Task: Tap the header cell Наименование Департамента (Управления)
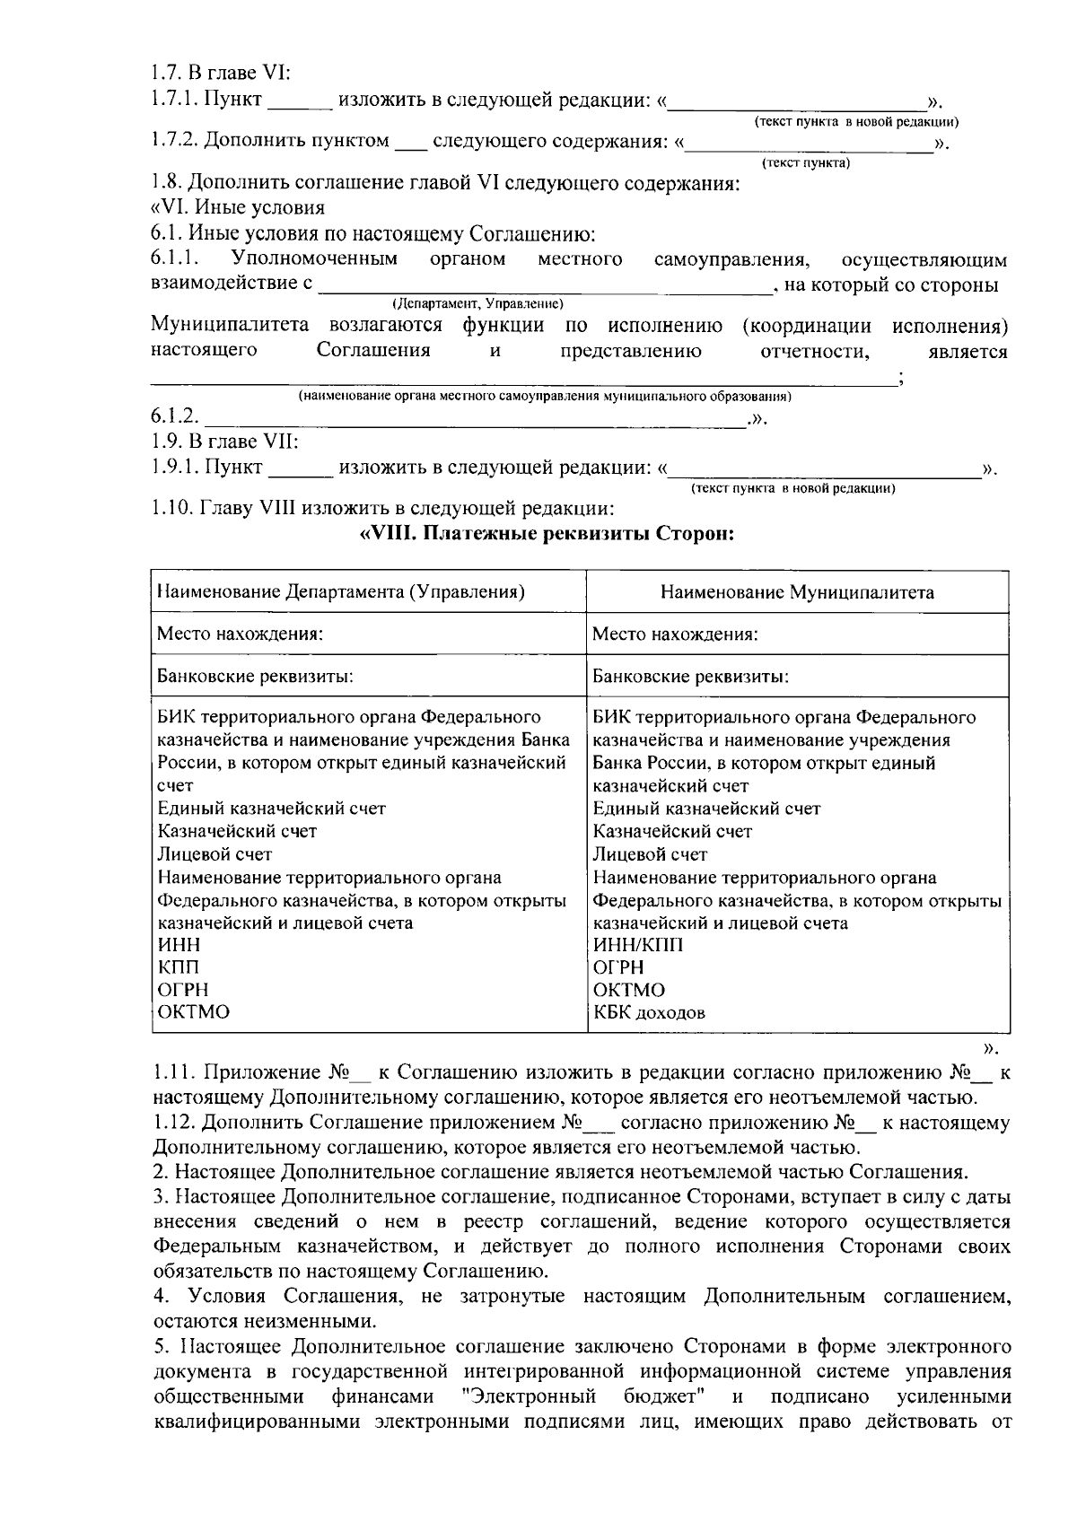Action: tap(341, 592)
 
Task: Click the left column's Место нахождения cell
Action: tap(240, 634)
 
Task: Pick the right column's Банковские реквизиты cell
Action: tap(690, 676)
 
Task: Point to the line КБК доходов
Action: tap(649, 1013)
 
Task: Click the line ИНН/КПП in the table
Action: tap(637, 945)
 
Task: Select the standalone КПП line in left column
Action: tap(179, 967)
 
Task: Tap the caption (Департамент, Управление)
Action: tap(477, 303)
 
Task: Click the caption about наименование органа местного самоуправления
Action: tap(544, 396)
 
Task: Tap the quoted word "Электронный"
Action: tap(527, 1397)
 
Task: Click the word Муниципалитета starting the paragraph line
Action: tap(230, 325)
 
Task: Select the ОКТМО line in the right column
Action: tap(629, 990)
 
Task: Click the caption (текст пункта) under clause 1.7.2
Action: tap(805, 163)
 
